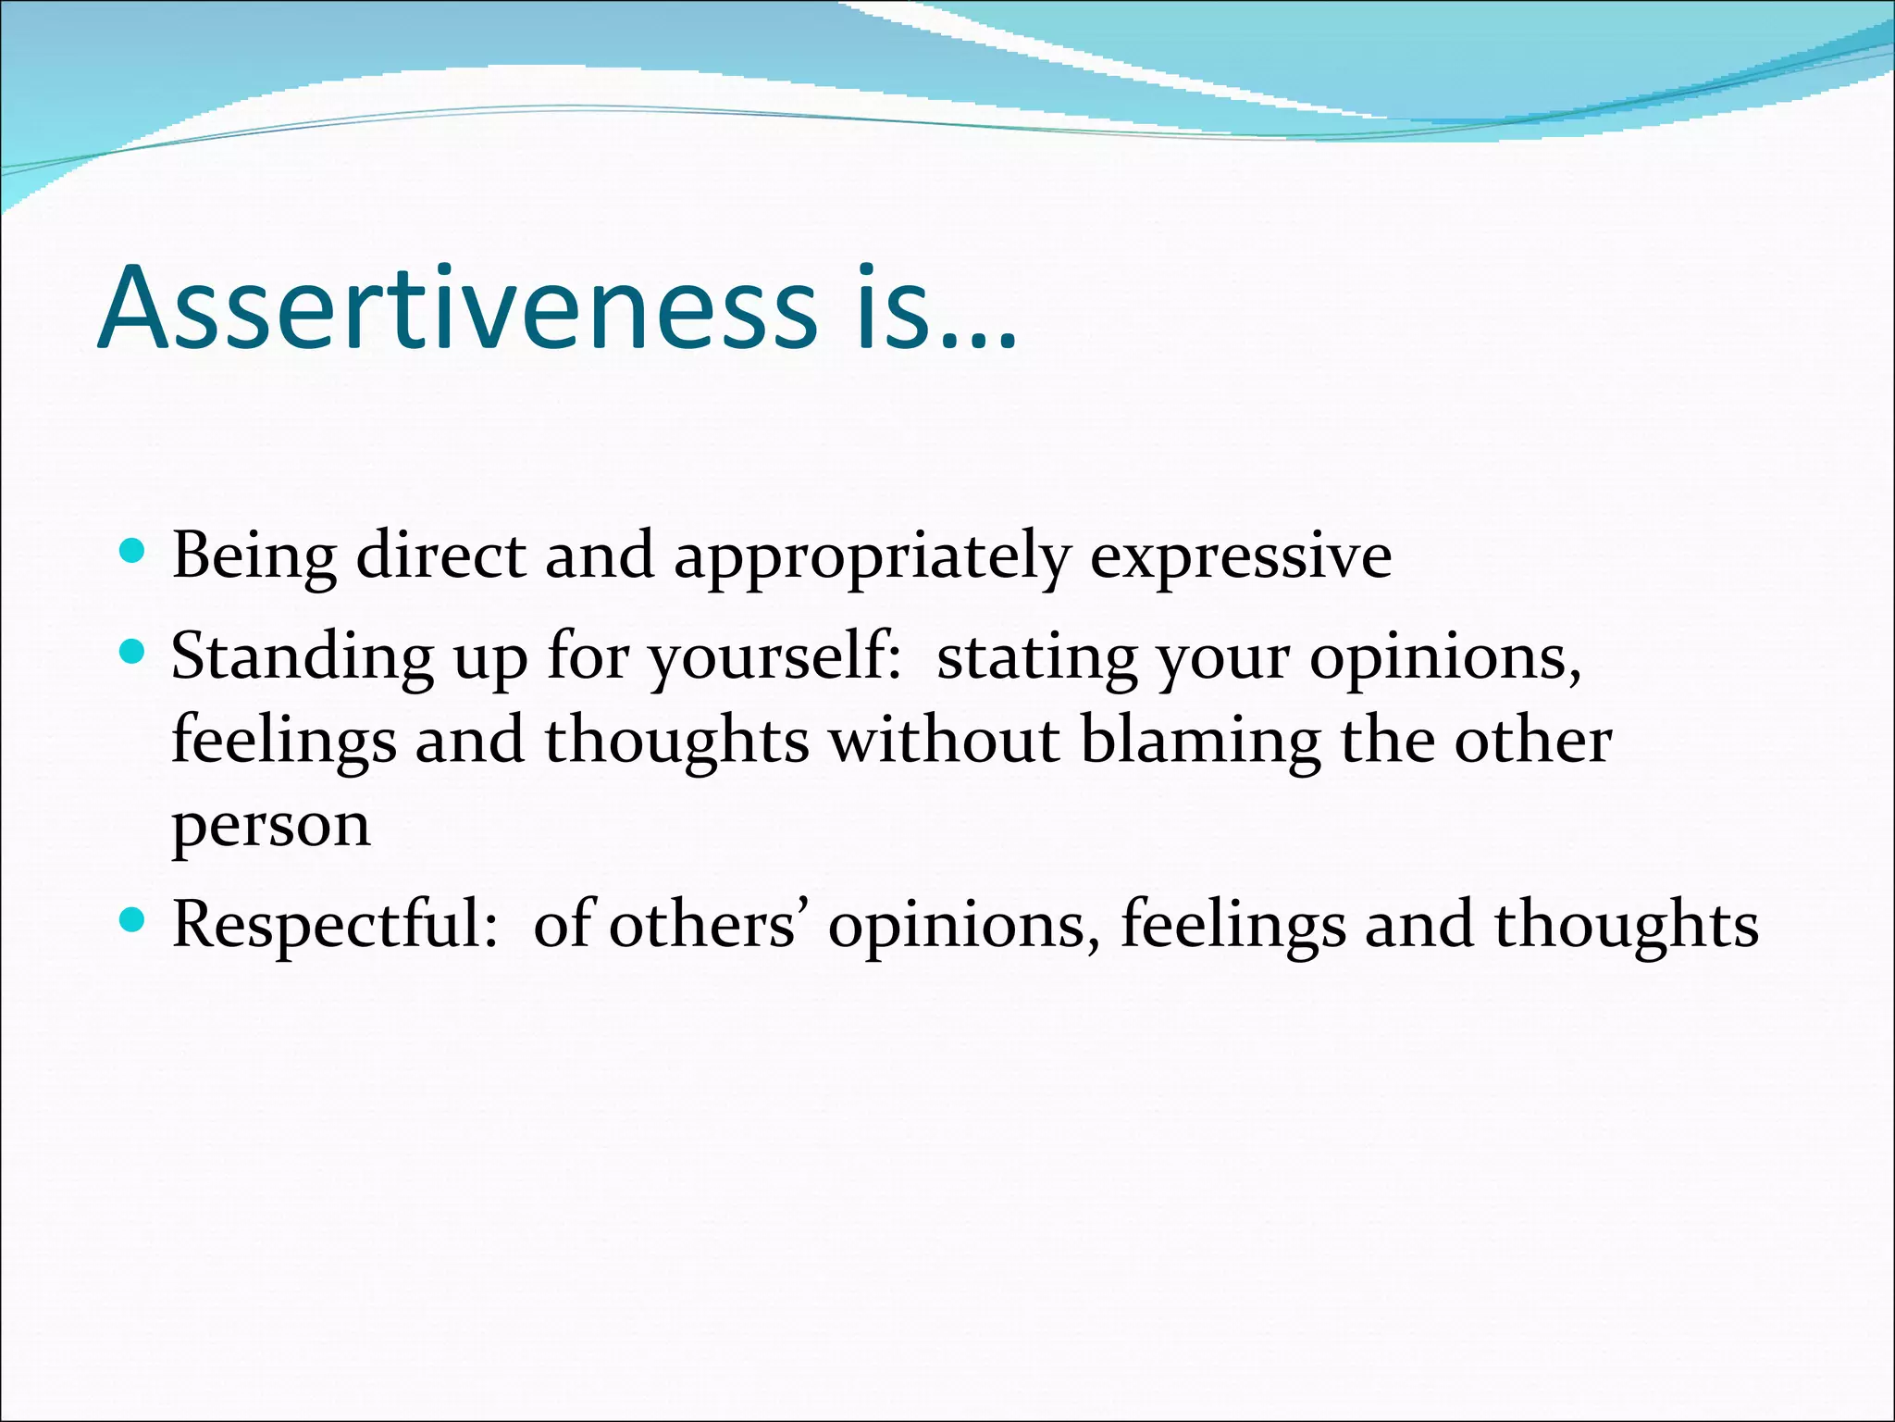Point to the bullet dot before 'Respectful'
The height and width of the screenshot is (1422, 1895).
133,920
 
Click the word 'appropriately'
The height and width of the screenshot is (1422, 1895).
872,558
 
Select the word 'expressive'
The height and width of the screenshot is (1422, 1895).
1240,558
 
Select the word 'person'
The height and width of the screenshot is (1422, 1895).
271,827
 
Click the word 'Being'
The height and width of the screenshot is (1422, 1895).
254,558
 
